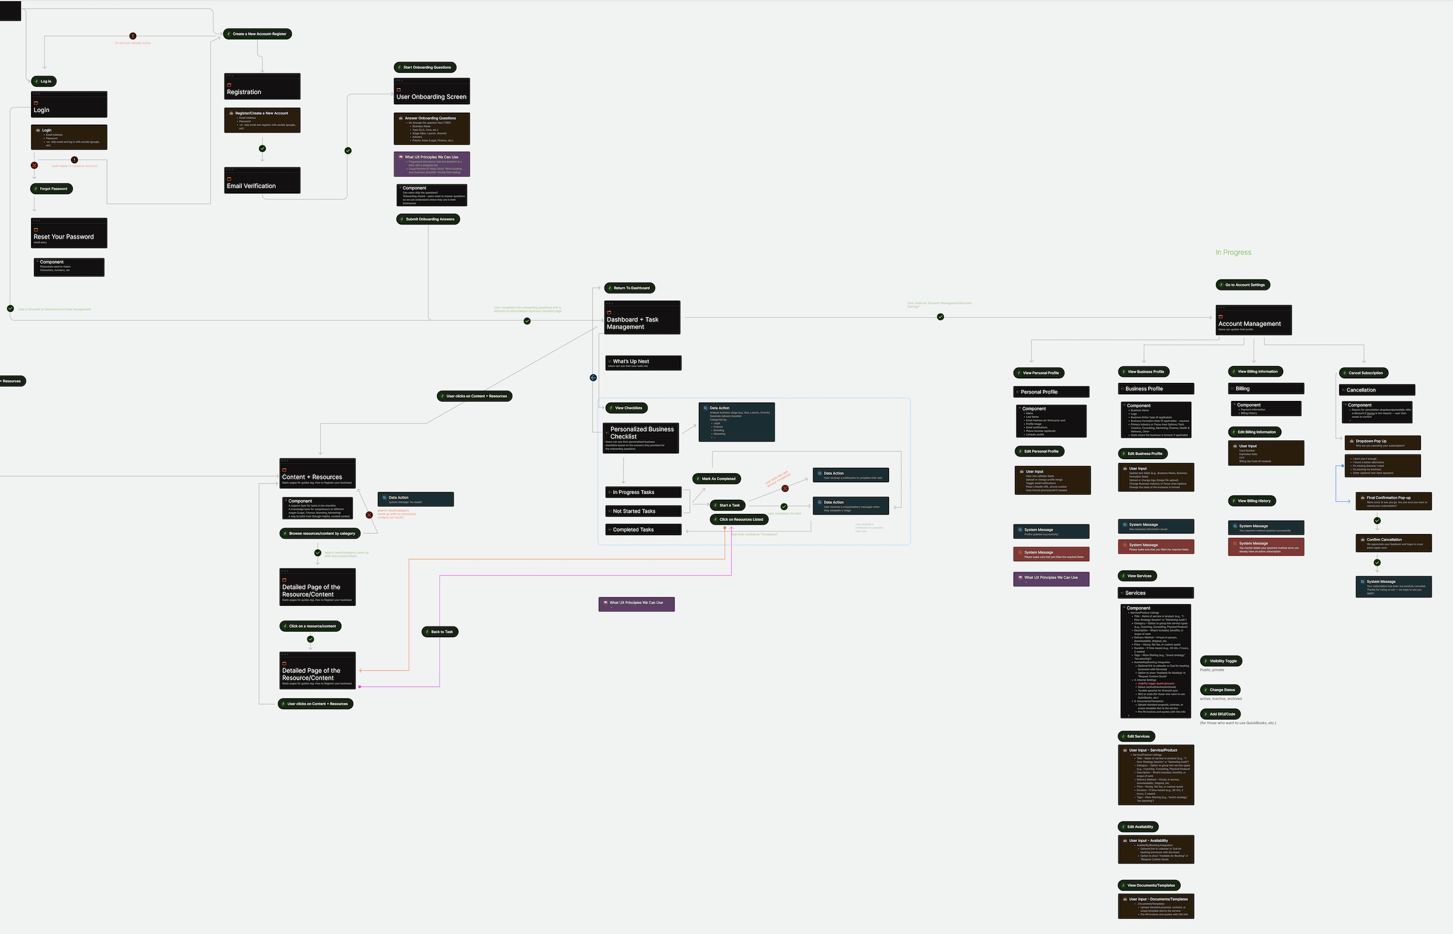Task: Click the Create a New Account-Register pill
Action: pos(258,34)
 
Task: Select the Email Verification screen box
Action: pos(262,180)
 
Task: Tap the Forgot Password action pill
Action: pos(51,188)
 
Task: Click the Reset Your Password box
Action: pos(69,233)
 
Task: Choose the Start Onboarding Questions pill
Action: pos(425,67)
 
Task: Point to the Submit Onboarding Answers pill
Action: pos(428,219)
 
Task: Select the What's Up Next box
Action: pos(643,363)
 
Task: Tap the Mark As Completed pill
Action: pos(717,478)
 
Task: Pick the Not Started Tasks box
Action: pos(643,511)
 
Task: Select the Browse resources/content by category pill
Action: pos(320,534)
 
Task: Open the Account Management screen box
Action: pos(1253,320)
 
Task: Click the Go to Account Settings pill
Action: pos(1243,284)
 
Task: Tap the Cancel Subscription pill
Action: pos(1364,373)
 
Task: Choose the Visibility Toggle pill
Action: pos(1221,661)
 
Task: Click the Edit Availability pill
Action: pos(1138,827)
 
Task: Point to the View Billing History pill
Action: pos(1252,501)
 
